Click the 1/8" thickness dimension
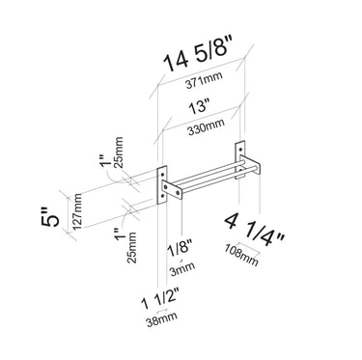pos(177,251)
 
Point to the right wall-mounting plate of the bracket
pos(242,160)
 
